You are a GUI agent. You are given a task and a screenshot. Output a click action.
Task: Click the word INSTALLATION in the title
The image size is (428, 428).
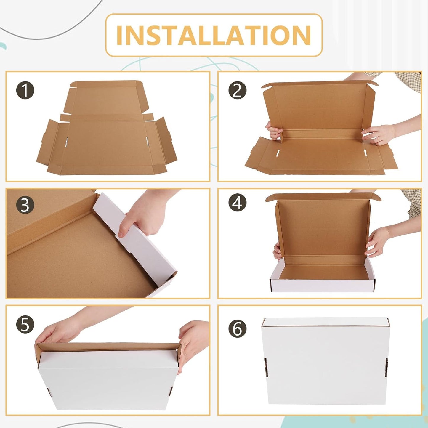tap(214, 35)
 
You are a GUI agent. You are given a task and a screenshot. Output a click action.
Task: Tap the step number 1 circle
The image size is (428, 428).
tap(25, 90)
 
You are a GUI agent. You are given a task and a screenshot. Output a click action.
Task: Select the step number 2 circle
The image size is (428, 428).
tap(238, 90)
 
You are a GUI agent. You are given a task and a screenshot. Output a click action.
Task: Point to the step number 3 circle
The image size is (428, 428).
tap(25, 206)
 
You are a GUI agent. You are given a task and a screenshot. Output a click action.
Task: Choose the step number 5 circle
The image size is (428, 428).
tap(25, 325)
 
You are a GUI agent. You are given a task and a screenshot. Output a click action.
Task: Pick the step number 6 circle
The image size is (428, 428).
tap(238, 328)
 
